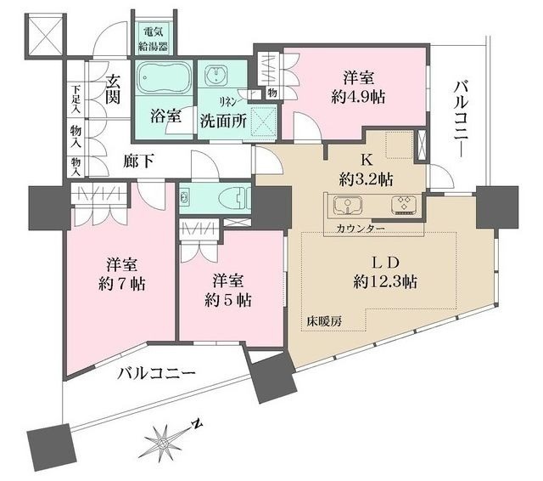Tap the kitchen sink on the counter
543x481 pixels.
tap(349, 205)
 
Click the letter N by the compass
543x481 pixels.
tap(196, 422)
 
